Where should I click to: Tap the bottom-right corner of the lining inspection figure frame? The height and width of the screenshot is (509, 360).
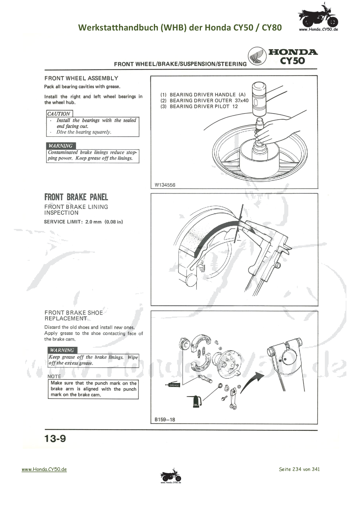tap(318, 306)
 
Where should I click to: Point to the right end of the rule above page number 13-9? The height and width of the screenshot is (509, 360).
tap(318, 430)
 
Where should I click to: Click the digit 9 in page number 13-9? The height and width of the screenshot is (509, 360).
tap(63, 438)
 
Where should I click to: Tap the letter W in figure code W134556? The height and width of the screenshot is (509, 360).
tap(157, 185)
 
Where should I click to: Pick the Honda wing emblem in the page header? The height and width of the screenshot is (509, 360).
tap(257, 56)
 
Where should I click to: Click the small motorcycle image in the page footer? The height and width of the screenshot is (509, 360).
tap(171, 476)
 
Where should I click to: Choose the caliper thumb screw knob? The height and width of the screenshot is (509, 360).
tap(278, 266)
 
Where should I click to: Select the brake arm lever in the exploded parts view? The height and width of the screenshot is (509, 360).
tap(233, 400)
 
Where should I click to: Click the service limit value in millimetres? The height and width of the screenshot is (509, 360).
tap(93, 222)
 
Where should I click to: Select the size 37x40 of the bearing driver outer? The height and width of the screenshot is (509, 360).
tap(242, 100)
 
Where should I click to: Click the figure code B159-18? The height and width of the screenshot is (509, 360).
tap(165, 419)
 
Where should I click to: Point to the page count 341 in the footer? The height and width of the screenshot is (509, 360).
tap(316, 469)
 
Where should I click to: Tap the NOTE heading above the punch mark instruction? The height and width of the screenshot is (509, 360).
tap(54, 376)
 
